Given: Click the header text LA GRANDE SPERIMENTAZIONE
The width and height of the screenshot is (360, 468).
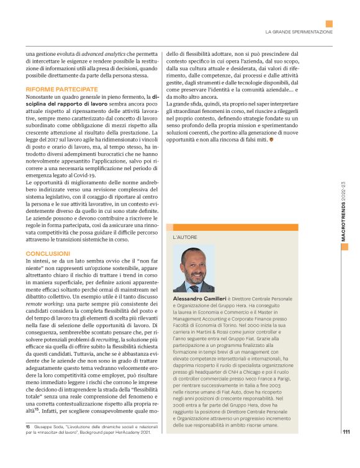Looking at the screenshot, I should (299, 31).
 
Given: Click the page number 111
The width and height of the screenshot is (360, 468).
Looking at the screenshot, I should (346, 449).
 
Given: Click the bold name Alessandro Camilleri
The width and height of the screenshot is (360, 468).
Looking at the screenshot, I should (198, 299).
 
